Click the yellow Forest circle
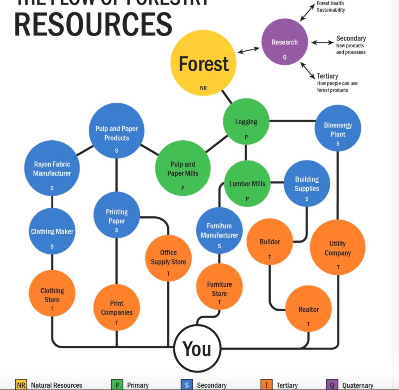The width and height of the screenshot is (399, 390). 203,63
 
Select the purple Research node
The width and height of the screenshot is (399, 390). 284,42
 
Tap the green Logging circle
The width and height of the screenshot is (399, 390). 246,122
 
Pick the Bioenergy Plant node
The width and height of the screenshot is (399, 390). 337,128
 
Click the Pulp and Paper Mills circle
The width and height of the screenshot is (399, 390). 183,168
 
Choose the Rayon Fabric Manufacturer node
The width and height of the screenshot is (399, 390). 52,168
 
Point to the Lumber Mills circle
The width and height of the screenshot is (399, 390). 247,184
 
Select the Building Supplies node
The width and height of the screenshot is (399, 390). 307,184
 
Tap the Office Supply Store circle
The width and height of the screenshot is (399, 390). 168,258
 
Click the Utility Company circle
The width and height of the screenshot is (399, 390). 337,247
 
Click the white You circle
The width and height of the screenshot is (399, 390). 197,348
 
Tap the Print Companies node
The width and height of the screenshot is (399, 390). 117,307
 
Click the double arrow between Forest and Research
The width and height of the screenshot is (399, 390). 248,50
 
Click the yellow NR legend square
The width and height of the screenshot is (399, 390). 21,385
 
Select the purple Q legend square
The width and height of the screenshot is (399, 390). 332,385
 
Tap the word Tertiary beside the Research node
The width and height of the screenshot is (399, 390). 327,76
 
